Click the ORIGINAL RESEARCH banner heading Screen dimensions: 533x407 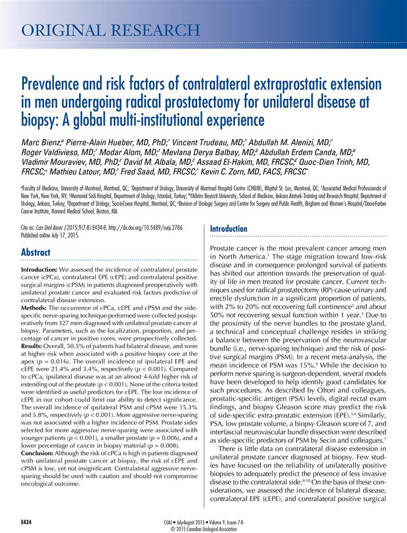pos(110,29)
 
